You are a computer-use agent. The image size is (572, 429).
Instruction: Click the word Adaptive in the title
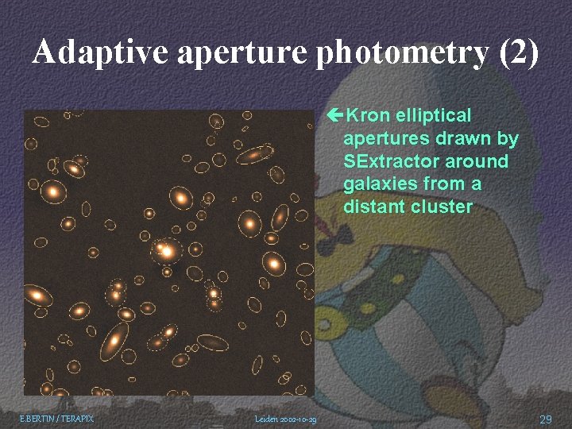[x=101, y=53]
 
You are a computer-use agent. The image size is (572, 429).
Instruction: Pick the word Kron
[x=369, y=116]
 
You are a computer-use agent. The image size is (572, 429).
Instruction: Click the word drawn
[x=465, y=139]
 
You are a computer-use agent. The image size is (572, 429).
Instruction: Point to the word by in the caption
[x=508, y=139]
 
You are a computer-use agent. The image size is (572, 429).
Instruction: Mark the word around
[x=479, y=161]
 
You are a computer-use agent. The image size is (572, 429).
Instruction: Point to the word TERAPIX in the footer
[x=76, y=418]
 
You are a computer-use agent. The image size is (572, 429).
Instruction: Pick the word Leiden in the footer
[x=266, y=419]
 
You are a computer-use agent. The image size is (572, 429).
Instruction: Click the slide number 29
[x=545, y=419]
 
